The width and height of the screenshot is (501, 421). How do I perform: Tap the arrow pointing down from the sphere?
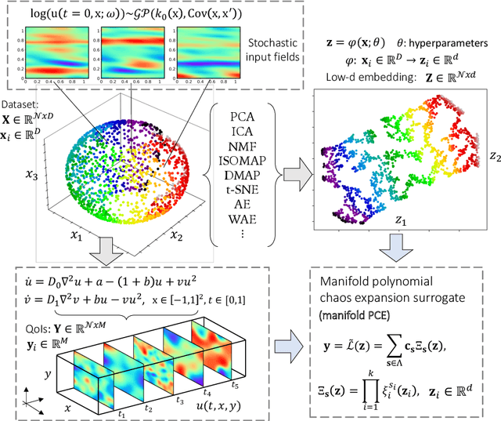[x=104, y=252]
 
